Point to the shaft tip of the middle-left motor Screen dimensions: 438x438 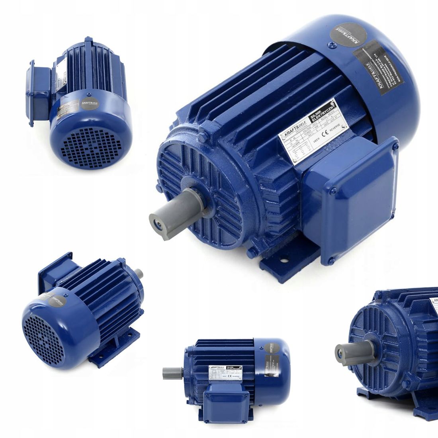click(x=139, y=273)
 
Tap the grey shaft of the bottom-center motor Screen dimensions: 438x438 click(x=172, y=373)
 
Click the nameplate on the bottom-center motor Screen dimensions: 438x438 click(x=225, y=372)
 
